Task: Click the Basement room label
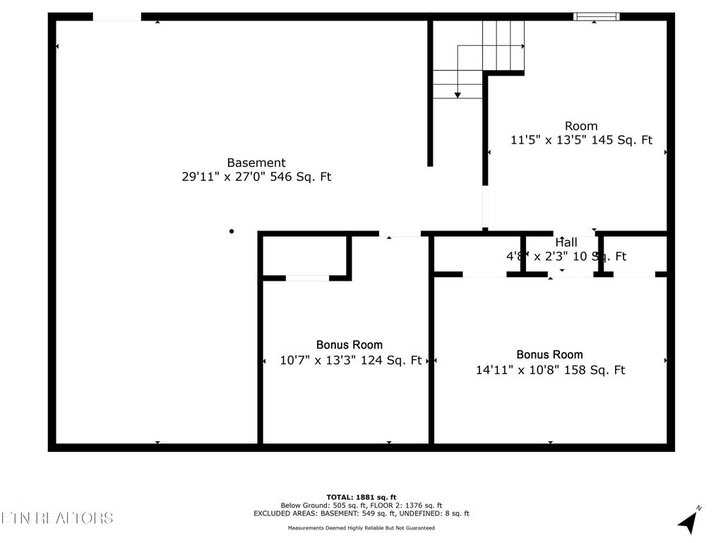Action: click(x=256, y=163)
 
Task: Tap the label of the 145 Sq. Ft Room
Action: click(x=581, y=126)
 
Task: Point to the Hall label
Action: click(x=566, y=242)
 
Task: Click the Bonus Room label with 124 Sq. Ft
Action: click(x=349, y=344)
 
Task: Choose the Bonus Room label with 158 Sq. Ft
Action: click(x=549, y=354)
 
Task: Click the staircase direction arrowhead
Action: click(x=458, y=94)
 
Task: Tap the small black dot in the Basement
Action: click(x=232, y=231)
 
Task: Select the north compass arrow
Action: click(x=688, y=521)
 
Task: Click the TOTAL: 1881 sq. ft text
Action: click(x=361, y=497)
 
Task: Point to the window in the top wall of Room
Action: click(x=596, y=16)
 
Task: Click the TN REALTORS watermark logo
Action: click(x=56, y=518)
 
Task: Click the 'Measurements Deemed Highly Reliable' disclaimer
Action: click(x=361, y=528)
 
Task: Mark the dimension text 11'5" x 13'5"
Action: click(x=547, y=140)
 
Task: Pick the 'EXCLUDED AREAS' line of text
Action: click(x=361, y=514)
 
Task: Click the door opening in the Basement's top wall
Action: click(x=116, y=16)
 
